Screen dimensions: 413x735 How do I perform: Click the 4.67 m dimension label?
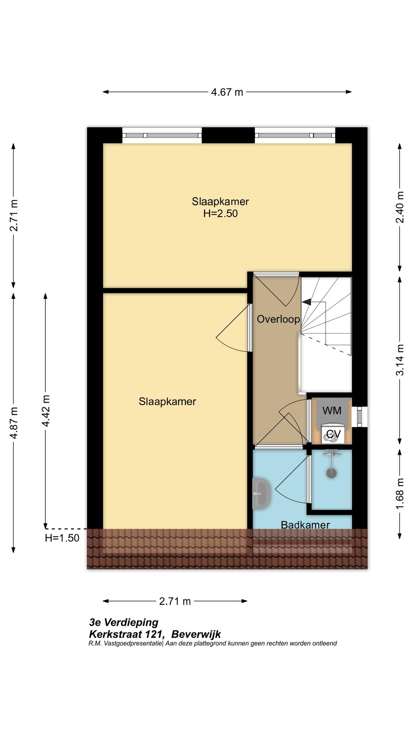(227, 92)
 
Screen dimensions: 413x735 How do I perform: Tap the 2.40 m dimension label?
(400, 207)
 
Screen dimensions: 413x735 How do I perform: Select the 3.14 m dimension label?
(400, 360)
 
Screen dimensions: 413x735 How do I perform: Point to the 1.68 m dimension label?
(400, 494)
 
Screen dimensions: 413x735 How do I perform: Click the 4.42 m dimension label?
(46, 411)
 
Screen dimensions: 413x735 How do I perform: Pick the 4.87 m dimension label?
(14, 423)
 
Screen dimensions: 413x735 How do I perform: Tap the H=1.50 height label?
(62, 538)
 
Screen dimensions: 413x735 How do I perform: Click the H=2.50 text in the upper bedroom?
(221, 214)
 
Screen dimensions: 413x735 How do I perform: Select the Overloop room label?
(278, 319)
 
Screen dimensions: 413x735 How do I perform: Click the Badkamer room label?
(305, 524)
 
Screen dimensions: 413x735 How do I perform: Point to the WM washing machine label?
(332, 411)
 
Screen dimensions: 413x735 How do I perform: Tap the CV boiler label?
(333, 434)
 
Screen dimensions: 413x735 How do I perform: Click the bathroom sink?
(262, 493)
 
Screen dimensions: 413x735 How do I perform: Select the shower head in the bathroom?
(332, 473)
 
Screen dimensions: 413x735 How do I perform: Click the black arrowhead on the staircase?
(306, 302)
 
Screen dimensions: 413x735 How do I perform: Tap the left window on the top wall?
(162, 136)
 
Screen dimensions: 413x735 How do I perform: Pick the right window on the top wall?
(295, 136)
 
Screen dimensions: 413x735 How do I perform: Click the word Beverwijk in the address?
(196, 634)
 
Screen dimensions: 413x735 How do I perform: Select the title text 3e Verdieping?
(124, 622)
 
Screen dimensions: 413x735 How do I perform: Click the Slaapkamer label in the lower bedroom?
(167, 402)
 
